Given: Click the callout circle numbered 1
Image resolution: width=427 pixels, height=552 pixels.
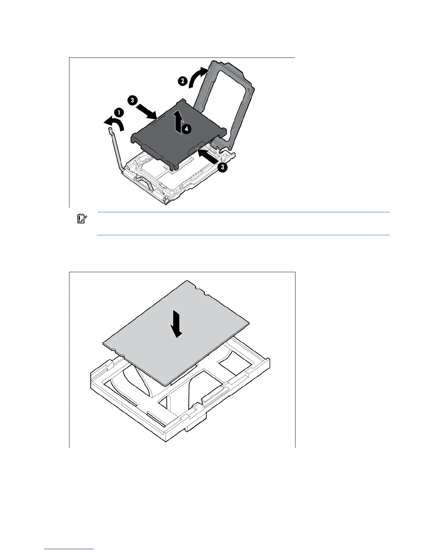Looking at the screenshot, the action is [119, 113].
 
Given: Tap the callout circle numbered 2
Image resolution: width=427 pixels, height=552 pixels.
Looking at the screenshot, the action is [182, 81].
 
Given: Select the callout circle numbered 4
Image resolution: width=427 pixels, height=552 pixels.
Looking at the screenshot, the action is [187, 129].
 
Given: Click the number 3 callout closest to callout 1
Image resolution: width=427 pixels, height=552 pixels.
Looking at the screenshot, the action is [132, 100].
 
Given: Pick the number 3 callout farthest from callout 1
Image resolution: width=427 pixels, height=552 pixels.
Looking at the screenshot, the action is [222, 167].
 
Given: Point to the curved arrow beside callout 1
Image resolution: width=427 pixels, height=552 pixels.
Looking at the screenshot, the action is [114, 123].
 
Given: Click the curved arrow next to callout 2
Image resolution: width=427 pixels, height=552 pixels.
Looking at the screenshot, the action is [197, 76].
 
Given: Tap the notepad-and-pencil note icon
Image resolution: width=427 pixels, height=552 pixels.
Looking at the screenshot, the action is [82, 219].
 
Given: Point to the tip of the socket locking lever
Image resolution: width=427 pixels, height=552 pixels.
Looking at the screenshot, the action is [111, 130].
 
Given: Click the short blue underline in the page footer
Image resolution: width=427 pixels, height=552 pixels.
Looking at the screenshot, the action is [69, 549].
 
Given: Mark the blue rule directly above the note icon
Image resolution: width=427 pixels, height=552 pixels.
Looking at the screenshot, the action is [243, 212].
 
